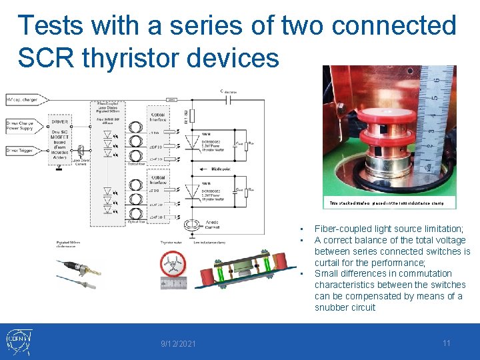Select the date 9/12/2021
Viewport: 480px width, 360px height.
178,343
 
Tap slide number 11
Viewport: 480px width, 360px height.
447,343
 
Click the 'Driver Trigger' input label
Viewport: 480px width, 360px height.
22,152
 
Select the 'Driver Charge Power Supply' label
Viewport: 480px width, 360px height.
24,125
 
